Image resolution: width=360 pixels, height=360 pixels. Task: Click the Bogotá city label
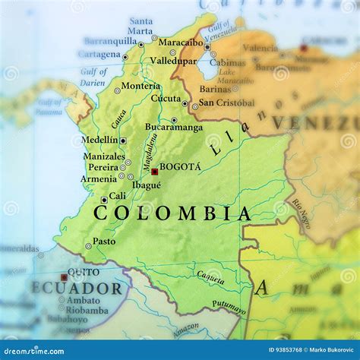pos(180,166)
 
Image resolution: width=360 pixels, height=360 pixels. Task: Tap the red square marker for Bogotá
pos(154,172)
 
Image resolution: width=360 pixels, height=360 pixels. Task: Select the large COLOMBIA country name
pos(172,213)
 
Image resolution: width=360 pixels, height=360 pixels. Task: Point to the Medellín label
pos(99,141)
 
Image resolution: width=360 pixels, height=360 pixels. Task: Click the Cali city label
pos(118,196)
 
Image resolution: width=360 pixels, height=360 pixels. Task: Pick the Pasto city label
pos(104,242)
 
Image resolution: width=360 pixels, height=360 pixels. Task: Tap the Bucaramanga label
pos(174,127)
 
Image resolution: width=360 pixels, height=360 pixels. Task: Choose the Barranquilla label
pos(110,41)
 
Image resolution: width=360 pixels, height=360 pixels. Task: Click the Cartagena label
pos(99,55)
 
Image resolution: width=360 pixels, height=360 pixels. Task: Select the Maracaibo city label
pos(180,43)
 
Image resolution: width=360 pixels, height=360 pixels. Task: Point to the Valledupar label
pos(173,60)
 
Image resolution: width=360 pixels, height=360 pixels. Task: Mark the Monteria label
pos(141,86)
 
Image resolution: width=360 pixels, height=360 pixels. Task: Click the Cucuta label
pos(166,98)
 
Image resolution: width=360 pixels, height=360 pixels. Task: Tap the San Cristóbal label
pos(226,103)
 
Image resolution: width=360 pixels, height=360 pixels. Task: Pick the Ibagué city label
pos(147,185)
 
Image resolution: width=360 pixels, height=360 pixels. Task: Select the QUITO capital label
pos(83,272)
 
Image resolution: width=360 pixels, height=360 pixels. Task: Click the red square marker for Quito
pos(64,277)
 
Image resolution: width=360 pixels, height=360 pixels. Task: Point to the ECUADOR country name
pos(76,289)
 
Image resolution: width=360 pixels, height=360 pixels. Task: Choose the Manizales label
pos(104,156)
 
